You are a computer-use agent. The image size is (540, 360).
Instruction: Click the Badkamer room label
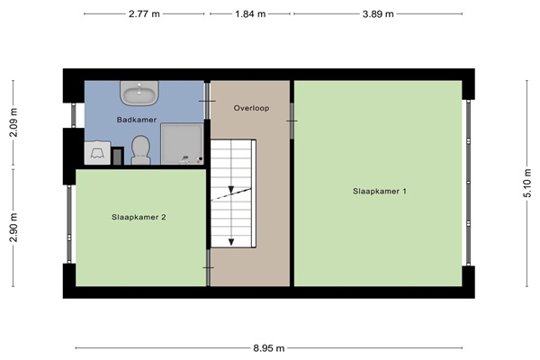[x=137, y=120]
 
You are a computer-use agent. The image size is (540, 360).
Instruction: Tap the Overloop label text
[x=251, y=108]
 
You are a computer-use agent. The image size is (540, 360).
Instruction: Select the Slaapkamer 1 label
[x=380, y=191]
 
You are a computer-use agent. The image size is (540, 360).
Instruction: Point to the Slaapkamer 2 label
[x=139, y=217]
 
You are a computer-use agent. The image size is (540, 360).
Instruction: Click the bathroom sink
[x=139, y=93]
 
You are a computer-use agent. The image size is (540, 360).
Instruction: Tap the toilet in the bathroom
[x=141, y=150]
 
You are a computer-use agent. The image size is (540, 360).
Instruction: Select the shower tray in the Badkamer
[x=182, y=144]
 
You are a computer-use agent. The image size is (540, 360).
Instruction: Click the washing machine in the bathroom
[x=97, y=153]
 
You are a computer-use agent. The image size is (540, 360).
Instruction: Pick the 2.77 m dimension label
[x=144, y=14]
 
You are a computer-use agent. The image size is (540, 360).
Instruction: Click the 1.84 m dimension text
[x=250, y=14]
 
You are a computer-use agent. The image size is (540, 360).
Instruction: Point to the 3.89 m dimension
[x=378, y=14]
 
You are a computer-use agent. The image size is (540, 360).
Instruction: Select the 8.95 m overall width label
[x=269, y=348]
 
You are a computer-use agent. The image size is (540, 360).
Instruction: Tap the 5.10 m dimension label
[x=527, y=184]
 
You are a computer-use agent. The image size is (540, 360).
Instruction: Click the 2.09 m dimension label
[x=13, y=122]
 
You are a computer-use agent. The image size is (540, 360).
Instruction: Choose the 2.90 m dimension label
[x=13, y=228]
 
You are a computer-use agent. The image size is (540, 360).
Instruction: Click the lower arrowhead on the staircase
[x=231, y=242]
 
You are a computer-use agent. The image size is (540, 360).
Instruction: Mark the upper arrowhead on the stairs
[x=231, y=190]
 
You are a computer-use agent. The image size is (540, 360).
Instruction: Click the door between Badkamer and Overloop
[x=207, y=101]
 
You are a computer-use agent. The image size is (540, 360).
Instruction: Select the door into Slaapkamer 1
[x=292, y=121]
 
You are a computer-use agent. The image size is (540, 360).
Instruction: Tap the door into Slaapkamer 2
[x=209, y=267]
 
